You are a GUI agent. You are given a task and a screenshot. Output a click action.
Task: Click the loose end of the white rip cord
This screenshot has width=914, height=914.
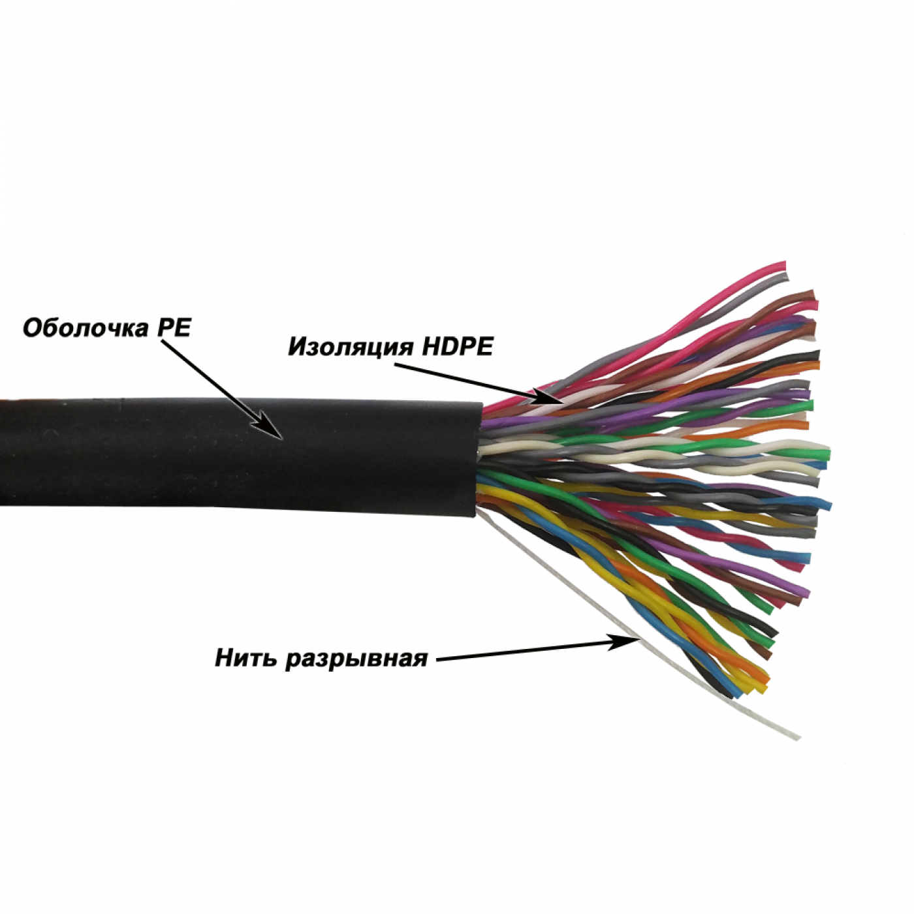798,738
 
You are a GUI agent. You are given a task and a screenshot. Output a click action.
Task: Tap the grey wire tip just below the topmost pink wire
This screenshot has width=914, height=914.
786,279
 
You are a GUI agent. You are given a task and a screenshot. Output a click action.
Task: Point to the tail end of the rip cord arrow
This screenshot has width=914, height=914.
436,660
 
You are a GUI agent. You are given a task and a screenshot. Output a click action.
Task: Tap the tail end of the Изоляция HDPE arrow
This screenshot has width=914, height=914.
394,366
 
